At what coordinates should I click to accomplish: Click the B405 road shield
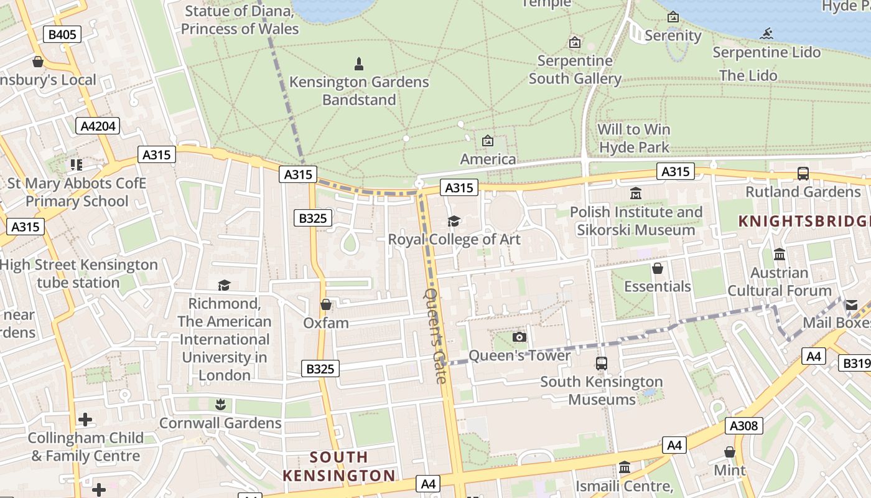click(62, 34)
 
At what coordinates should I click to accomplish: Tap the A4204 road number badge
click(98, 126)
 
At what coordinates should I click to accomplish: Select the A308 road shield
click(743, 426)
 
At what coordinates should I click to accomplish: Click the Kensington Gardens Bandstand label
click(359, 91)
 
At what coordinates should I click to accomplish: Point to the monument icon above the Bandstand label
click(358, 63)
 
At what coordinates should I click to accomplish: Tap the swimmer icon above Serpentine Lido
click(766, 34)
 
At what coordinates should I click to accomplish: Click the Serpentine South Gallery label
click(575, 70)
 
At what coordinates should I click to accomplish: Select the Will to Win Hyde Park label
click(633, 138)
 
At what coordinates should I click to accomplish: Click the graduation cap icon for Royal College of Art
click(454, 221)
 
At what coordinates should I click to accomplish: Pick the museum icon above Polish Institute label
click(636, 194)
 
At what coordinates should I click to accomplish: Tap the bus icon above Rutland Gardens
click(803, 174)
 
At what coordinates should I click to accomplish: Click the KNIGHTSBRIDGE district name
click(804, 221)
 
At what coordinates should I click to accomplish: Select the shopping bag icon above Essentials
click(657, 268)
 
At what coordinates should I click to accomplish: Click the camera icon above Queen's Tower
click(519, 337)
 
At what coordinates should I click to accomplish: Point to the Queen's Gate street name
click(435, 335)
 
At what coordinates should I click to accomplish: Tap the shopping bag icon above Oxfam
click(325, 304)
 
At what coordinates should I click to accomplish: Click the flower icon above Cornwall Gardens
click(219, 405)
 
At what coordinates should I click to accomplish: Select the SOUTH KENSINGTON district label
click(339, 466)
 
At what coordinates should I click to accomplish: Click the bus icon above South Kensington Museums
click(601, 364)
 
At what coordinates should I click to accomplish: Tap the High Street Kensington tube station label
click(78, 273)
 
